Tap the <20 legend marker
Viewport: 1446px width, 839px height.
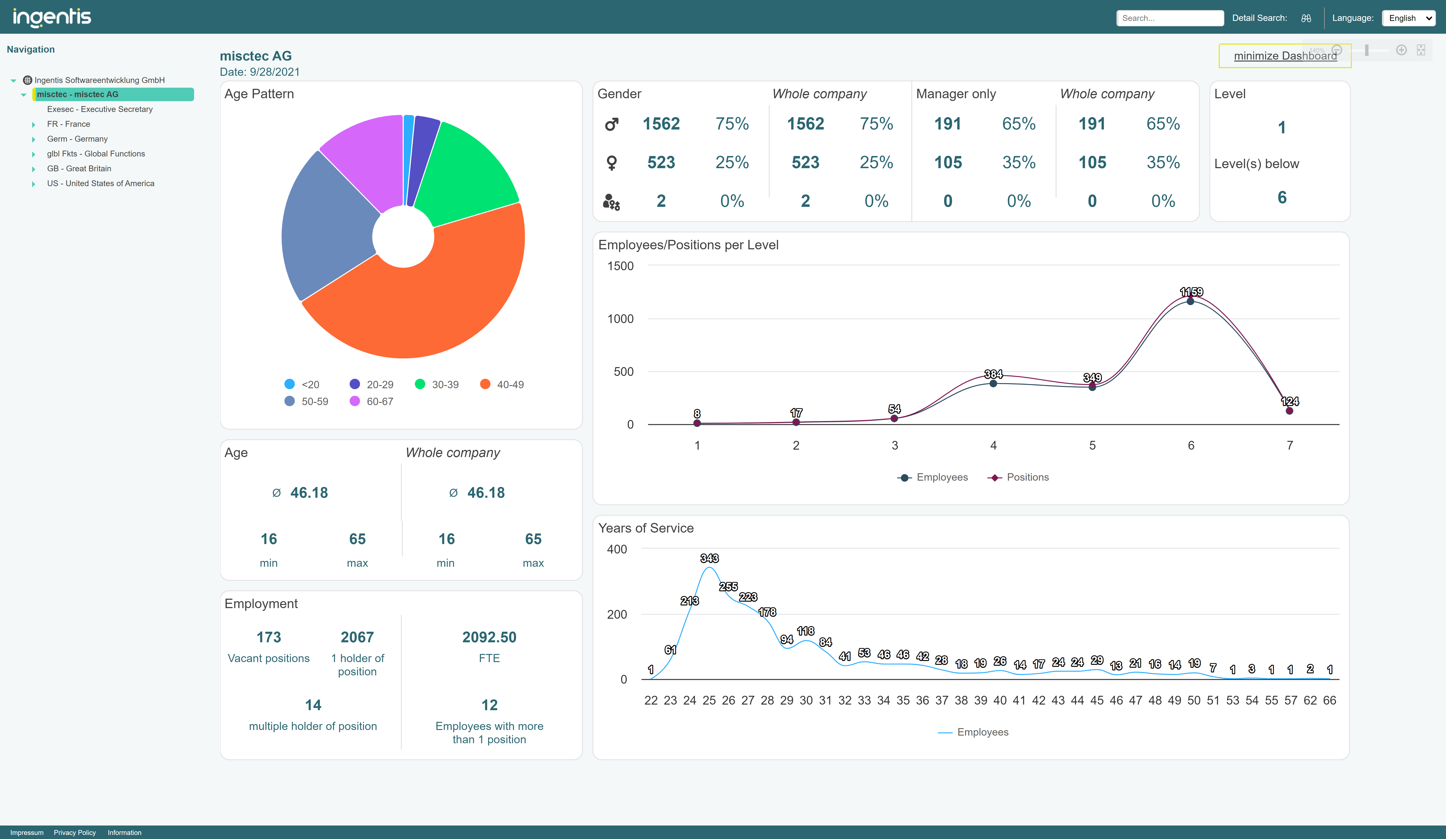[290, 384]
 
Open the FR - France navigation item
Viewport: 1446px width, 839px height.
[68, 124]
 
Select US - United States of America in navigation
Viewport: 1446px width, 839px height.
[100, 183]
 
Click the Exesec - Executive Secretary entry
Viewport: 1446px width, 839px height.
[99, 109]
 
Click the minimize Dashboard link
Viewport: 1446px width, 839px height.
[1285, 56]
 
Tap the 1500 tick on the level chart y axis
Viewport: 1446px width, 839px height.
[620, 266]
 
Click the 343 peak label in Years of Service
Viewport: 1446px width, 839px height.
[709, 558]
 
